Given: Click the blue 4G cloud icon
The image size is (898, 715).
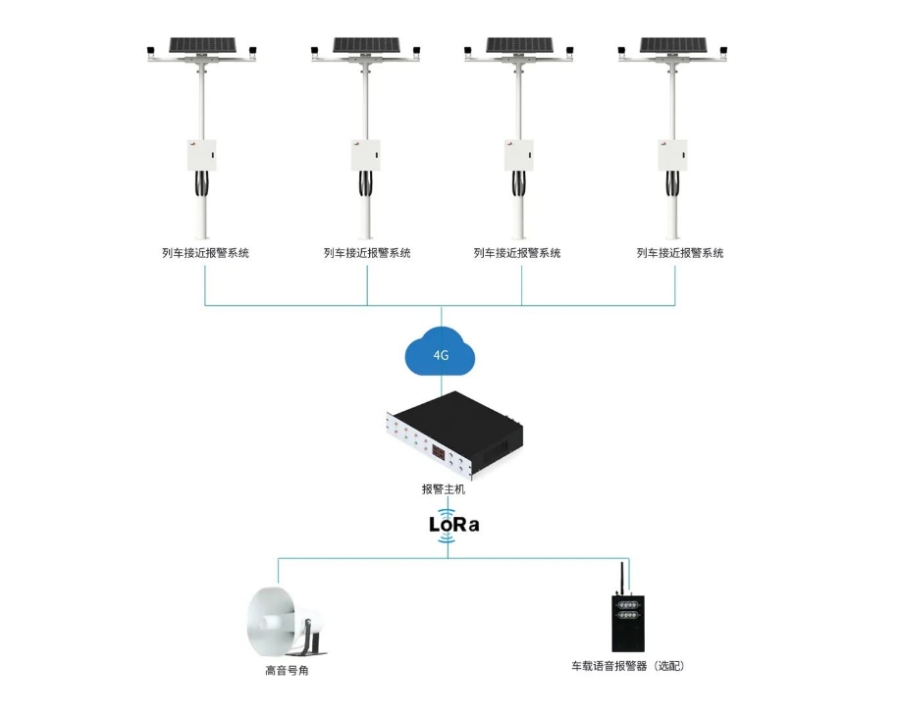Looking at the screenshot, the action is click(440, 351).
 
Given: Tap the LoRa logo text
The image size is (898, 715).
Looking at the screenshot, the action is click(453, 525).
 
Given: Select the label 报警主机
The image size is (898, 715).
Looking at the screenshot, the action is click(444, 488).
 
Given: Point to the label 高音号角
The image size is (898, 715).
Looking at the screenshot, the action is click(287, 670).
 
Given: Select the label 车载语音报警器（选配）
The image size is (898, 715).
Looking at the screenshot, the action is click(628, 666).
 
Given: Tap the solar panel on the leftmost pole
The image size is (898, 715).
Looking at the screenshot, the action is click(202, 45).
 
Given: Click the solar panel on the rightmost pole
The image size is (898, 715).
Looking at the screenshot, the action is click(673, 45).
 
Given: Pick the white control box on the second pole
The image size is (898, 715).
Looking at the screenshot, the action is click(366, 155).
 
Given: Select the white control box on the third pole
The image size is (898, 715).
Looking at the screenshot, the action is click(519, 155).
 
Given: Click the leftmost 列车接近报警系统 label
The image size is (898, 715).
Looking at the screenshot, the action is click(205, 253).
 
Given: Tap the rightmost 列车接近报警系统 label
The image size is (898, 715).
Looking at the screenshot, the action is click(680, 253).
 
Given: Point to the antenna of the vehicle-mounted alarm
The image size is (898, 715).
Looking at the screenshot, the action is click(622, 579).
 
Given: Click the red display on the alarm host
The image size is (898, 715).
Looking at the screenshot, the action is click(440, 453).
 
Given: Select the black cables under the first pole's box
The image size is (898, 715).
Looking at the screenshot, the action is click(201, 183).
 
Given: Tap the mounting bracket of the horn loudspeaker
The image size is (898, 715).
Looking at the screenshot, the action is click(311, 640).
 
